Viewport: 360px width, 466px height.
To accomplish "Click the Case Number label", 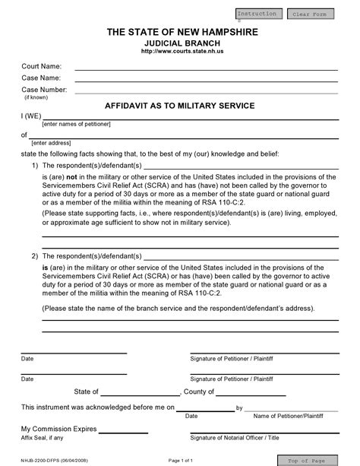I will click(44, 90).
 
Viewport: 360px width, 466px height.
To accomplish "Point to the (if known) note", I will click(37, 97).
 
